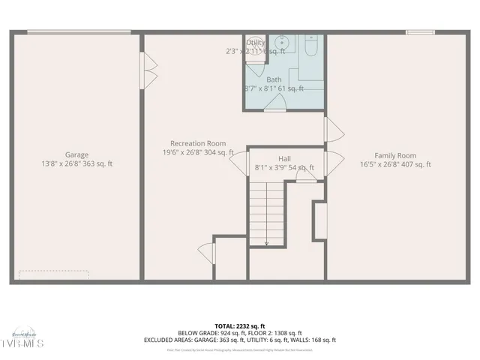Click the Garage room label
76,154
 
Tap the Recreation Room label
198,143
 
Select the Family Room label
395,155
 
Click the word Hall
284,159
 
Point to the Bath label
274,79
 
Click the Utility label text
256,43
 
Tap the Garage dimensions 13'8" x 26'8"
59,164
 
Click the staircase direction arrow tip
266,244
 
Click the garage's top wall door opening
77,31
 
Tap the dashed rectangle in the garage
53,274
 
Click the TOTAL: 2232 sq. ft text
240,325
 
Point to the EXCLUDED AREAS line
240,340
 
